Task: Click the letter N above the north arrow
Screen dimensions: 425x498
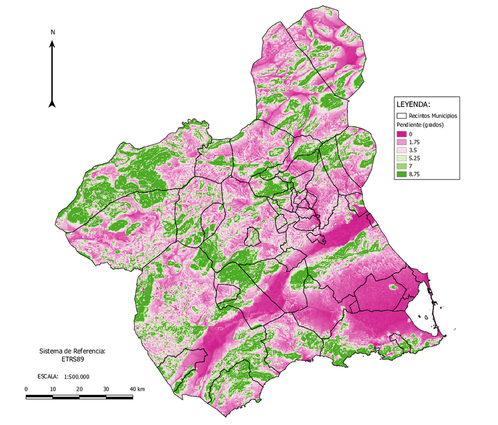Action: [53, 32]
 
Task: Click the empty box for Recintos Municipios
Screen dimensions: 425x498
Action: [402, 116]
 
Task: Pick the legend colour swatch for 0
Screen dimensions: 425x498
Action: [402, 135]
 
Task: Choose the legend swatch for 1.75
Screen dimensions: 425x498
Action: [402, 143]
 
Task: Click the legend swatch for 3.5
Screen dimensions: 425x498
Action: [402, 150]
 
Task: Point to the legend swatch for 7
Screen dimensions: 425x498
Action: [402, 166]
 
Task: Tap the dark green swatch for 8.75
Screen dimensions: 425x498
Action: [402, 175]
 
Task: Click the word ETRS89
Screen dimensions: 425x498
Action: [72, 360]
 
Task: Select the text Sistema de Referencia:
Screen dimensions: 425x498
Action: [72, 351]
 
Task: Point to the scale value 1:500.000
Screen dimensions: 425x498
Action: [76, 377]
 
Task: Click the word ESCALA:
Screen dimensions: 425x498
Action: [47, 377]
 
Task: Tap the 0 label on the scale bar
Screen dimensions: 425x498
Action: [26, 389]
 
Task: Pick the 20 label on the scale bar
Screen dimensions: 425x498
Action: [80, 389]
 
